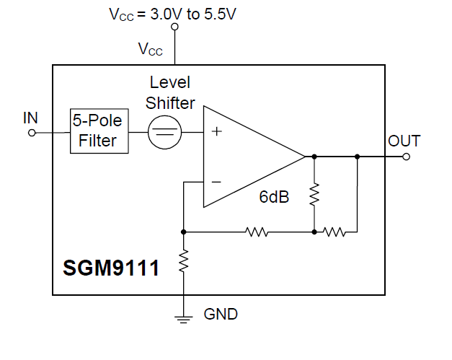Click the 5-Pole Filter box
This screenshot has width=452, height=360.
pos(99,131)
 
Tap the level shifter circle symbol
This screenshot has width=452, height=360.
pos(164,132)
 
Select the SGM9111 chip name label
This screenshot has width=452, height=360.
pos(111,268)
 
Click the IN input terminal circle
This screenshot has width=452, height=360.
pos(31,132)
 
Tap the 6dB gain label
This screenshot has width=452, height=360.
pos(274,197)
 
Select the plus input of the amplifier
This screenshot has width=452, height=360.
pos(216,132)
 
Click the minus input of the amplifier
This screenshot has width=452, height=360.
pos(216,182)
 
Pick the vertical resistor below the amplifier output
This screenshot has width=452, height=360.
pos(314,194)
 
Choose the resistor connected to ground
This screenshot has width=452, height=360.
pos(184,260)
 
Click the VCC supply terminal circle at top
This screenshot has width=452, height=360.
pos(174,28)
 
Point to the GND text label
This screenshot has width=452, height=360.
pos(221,315)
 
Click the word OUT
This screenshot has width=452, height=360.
pos(404,141)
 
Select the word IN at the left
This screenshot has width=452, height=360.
pos(31,118)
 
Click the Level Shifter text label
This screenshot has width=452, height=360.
pos(170,93)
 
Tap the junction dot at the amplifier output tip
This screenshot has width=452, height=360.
pos(314,156)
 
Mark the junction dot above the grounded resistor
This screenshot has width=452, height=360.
pos(184,232)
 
